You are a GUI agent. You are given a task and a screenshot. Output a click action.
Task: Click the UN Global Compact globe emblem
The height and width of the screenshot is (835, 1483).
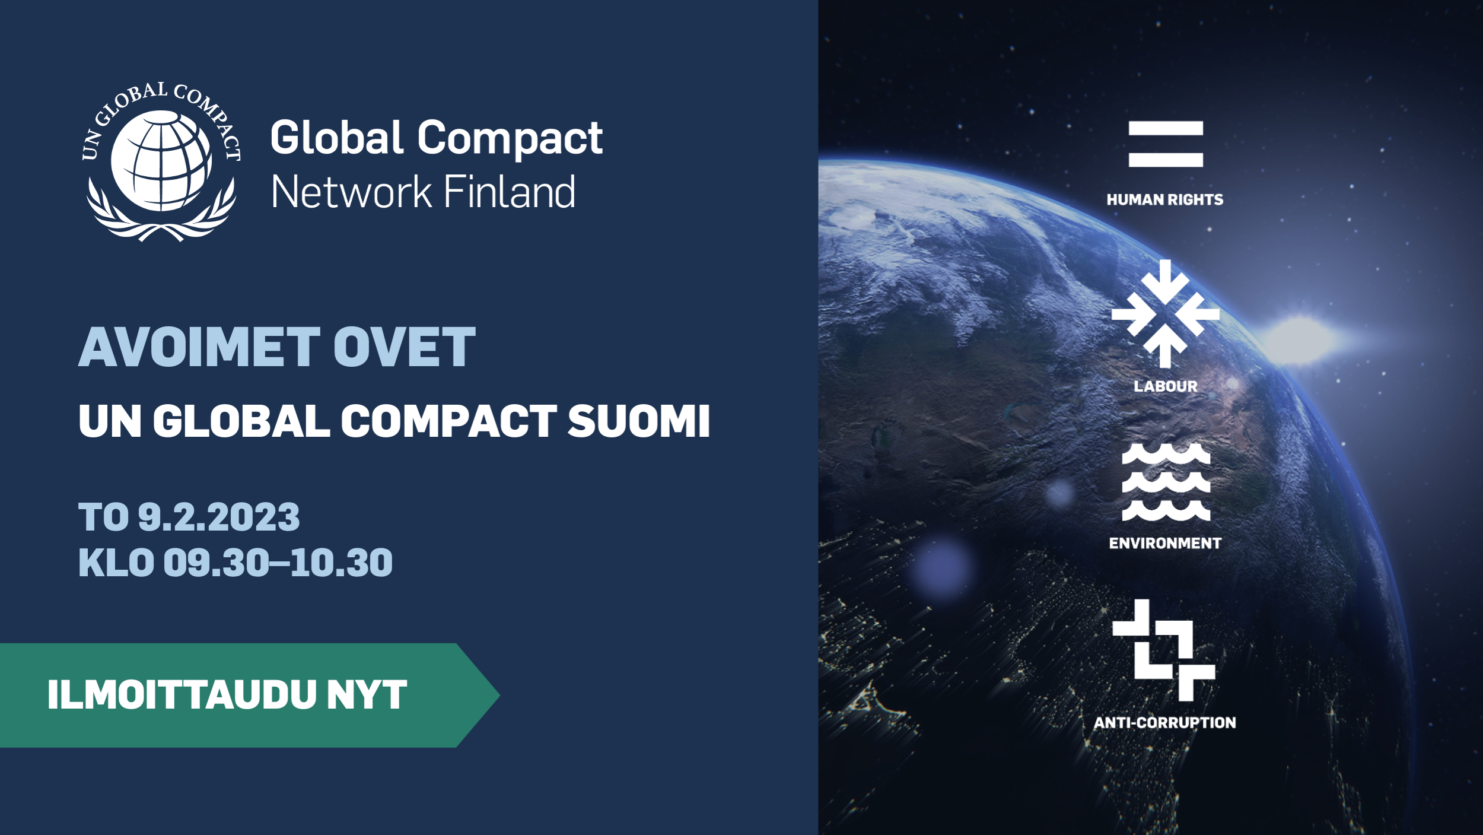click(x=161, y=161)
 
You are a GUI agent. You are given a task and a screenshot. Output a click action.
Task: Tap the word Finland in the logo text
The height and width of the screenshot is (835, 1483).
click(x=510, y=192)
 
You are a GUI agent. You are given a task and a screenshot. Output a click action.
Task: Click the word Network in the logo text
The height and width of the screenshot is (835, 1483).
click(x=351, y=192)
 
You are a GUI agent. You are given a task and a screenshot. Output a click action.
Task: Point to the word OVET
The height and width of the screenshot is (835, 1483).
click(x=405, y=347)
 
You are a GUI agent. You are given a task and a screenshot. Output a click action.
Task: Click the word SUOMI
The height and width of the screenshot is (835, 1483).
click(x=638, y=421)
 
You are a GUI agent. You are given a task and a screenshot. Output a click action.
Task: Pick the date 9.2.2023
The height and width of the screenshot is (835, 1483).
click(x=219, y=517)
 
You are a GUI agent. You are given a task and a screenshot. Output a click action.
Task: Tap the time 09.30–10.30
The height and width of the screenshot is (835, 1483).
click(x=278, y=563)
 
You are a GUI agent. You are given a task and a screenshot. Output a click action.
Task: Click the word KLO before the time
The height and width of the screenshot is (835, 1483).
click(x=116, y=563)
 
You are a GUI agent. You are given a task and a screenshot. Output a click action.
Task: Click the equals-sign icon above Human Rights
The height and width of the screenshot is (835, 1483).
click(x=1166, y=144)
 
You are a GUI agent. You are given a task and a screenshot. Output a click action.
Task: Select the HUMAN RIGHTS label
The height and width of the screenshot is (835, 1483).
click(x=1165, y=200)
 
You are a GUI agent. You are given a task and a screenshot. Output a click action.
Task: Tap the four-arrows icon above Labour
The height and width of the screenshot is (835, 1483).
click(x=1166, y=313)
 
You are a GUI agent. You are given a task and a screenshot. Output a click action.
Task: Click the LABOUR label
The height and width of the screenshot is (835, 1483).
click(x=1166, y=386)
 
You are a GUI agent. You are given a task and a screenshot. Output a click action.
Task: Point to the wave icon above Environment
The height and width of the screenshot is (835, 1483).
click(x=1166, y=482)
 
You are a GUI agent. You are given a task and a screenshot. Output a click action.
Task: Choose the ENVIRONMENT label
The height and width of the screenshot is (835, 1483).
click(x=1165, y=543)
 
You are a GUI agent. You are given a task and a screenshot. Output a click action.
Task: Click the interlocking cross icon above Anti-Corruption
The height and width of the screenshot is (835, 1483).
click(x=1163, y=650)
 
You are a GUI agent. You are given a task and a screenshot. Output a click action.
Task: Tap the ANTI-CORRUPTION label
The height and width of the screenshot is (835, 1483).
click(x=1165, y=723)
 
